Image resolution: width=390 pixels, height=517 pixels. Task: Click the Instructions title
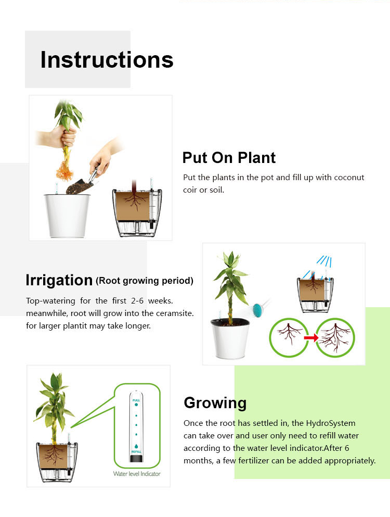tap(107, 60)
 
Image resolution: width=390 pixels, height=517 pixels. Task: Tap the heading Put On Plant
tap(229, 158)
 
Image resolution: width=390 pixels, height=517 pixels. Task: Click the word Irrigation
tap(59, 280)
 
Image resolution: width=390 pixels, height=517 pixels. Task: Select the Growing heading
tap(215, 403)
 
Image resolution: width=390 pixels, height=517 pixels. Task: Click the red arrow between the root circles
tap(311, 337)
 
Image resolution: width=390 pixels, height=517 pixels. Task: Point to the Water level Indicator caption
tap(137, 474)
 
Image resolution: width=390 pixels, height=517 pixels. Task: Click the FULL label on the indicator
tap(136, 400)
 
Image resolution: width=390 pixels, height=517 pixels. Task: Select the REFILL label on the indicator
tap(136, 451)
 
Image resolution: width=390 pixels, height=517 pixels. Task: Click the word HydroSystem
tap(331, 423)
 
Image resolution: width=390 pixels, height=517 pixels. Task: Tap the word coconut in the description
tap(349, 178)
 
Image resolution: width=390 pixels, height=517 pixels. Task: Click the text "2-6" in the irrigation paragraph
tap(137, 301)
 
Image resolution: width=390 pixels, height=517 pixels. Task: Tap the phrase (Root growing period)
tap(144, 281)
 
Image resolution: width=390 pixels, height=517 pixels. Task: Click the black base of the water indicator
tap(136, 458)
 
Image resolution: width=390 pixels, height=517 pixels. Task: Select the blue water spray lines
tap(324, 261)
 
